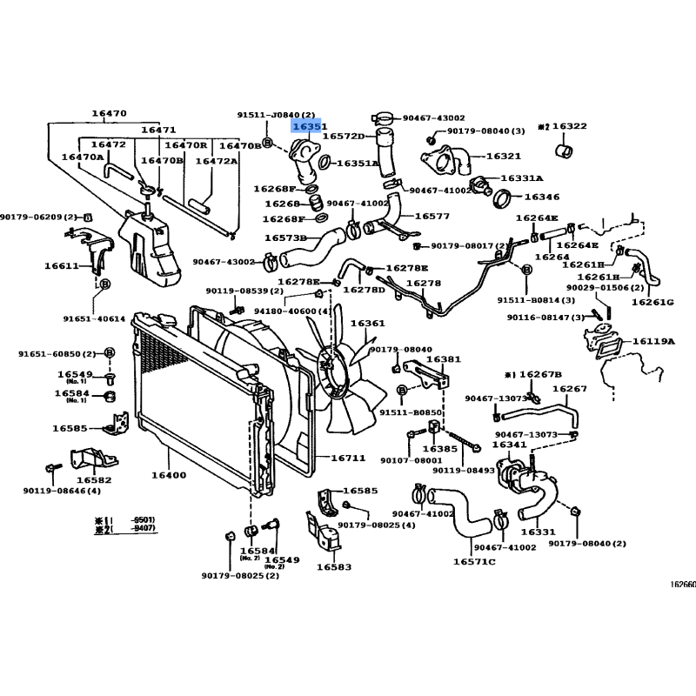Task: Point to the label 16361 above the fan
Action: pyautogui.click(x=367, y=324)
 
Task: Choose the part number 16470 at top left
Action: pyautogui.click(x=109, y=113)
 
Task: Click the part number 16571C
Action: pyautogui.click(x=473, y=562)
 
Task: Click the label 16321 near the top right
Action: pyautogui.click(x=503, y=156)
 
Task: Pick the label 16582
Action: pyautogui.click(x=94, y=479)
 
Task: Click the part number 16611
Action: pyautogui.click(x=62, y=267)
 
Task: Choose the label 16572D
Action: pyautogui.click(x=343, y=137)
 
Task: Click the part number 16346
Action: pyautogui.click(x=541, y=197)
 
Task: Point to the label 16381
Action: pyautogui.click(x=444, y=358)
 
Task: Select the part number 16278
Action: pyautogui.click(x=424, y=283)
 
